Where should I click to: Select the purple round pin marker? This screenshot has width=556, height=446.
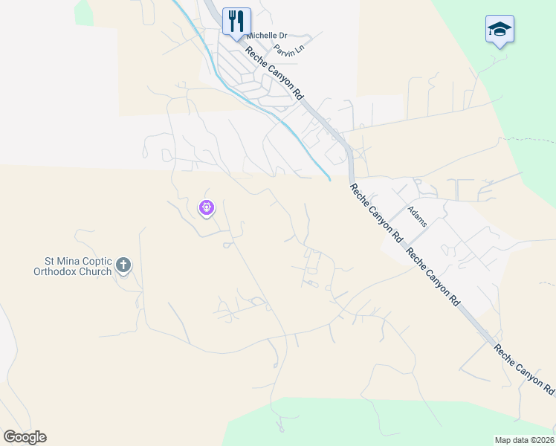click(x=207, y=207)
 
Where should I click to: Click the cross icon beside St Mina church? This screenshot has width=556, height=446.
click(x=123, y=265)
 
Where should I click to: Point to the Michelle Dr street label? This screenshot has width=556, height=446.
click(x=267, y=36)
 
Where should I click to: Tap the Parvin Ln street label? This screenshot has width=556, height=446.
click(x=289, y=51)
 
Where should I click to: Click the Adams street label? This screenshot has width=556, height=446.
click(x=416, y=215)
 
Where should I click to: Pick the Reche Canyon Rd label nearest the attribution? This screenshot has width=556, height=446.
click(x=524, y=369)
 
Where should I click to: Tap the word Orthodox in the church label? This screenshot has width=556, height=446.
click(x=56, y=271)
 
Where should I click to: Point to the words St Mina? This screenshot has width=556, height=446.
click(x=61, y=261)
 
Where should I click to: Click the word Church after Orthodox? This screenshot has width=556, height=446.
click(x=97, y=271)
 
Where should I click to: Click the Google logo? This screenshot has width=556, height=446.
click(x=25, y=437)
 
